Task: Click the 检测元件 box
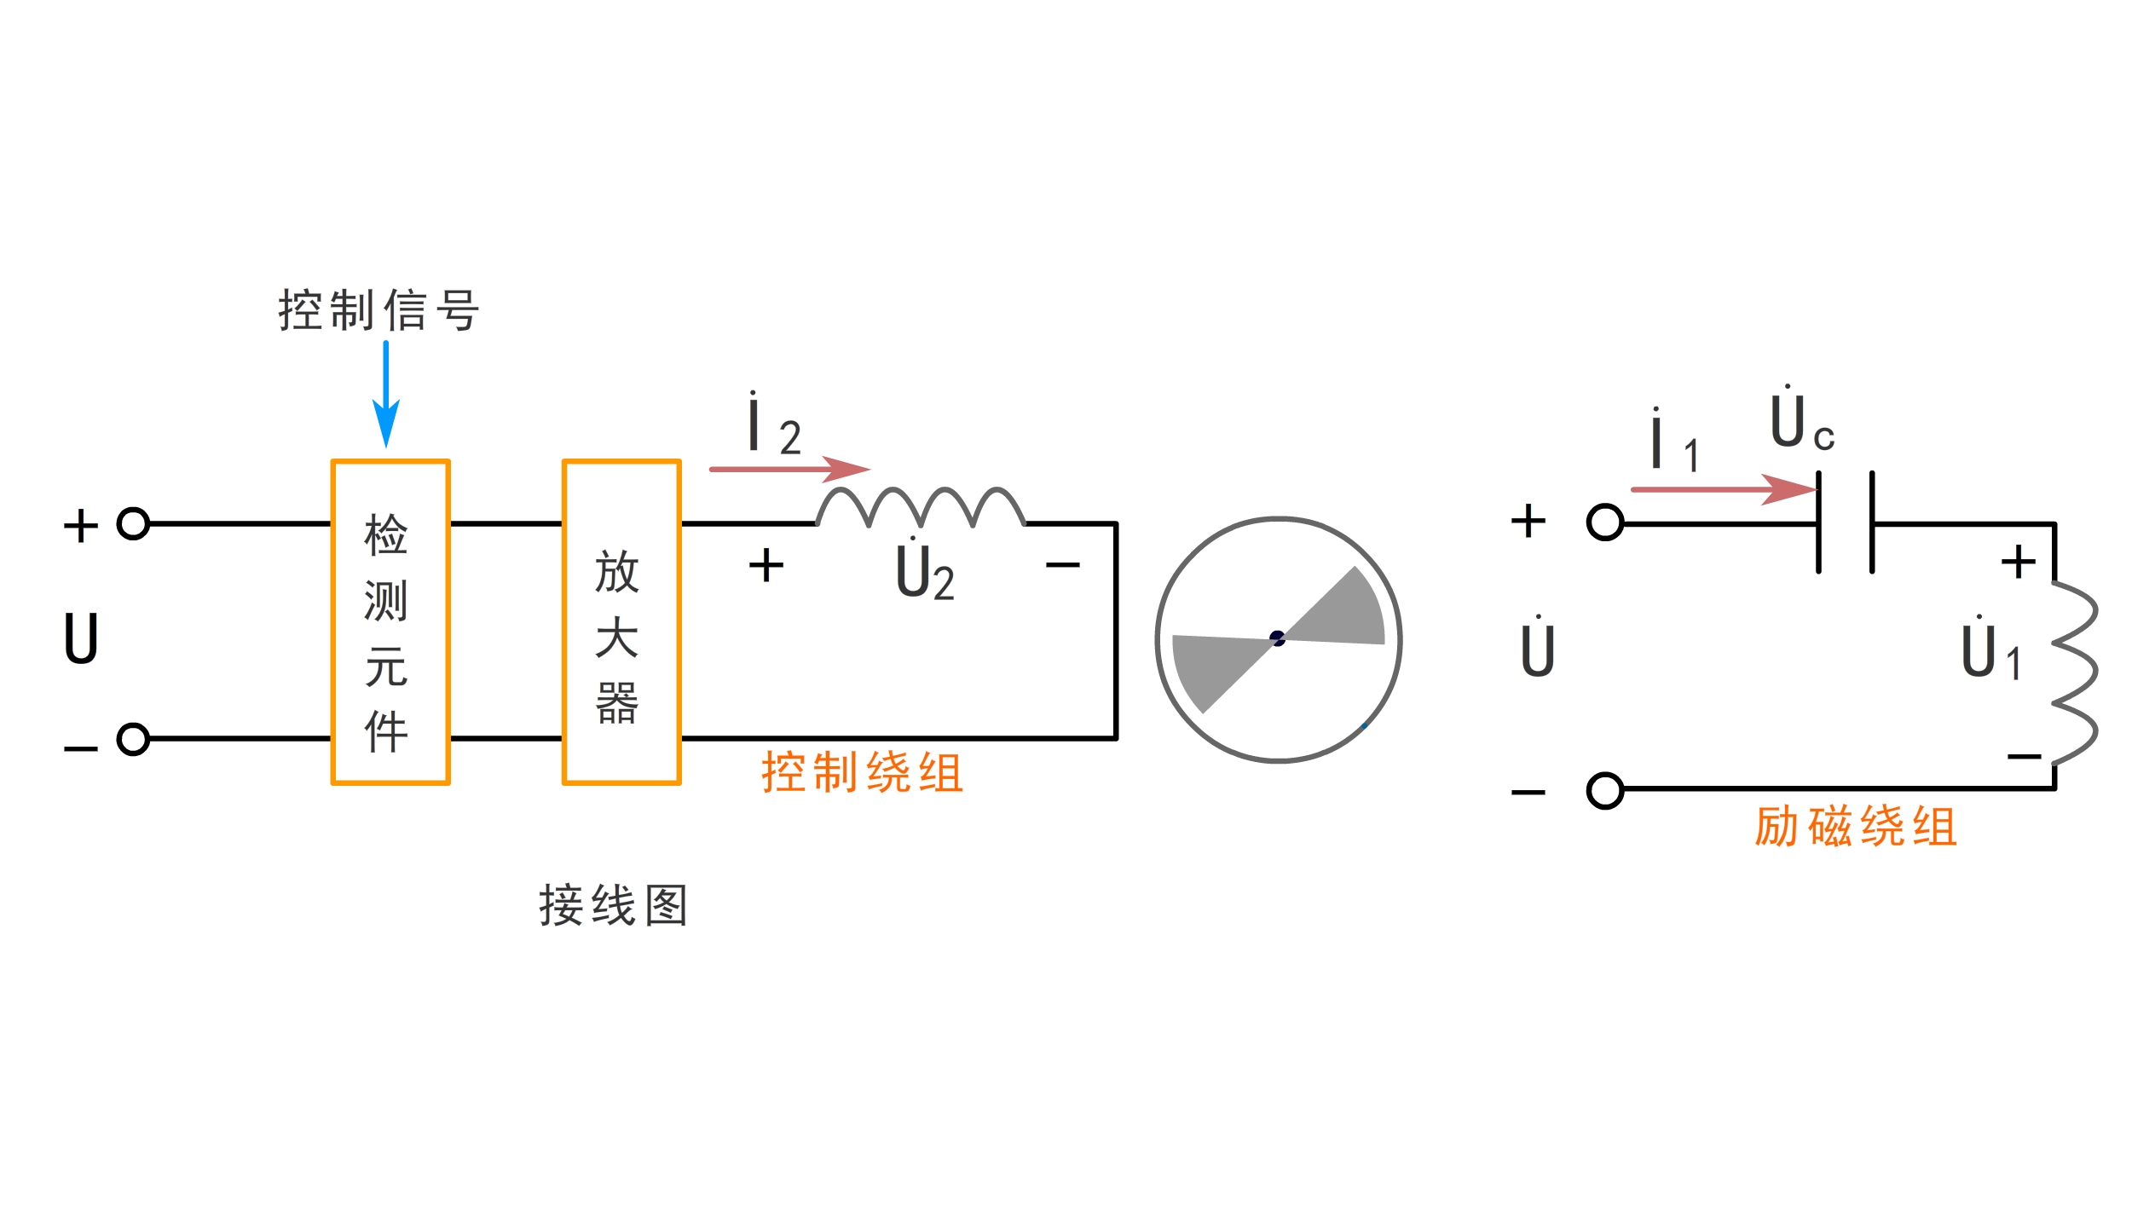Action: (390, 622)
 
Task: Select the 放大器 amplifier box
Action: (621, 622)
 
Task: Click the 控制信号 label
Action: (379, 310)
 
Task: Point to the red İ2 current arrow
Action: (789, 469)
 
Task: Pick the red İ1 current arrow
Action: (1722, 489)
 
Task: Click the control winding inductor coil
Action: (921, 507)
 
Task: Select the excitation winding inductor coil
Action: (2073, 673)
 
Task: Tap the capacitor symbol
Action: (1845, 522)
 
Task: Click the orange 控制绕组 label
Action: (862, 773)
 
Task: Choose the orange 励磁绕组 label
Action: (1855, 827)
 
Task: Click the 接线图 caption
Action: (613, 905)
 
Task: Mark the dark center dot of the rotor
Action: (1277, 638)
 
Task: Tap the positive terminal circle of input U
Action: (133, 523)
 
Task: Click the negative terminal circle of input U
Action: (133, 739)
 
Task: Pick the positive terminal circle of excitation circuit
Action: (1605, 522)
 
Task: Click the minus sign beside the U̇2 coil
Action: (1062, 564)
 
